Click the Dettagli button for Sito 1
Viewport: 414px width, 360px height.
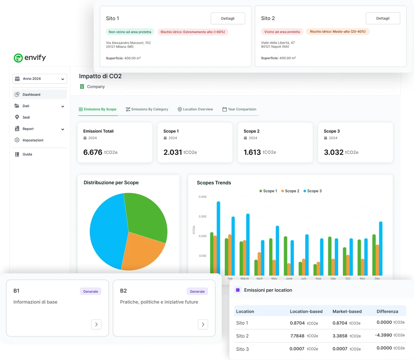click(228, 18)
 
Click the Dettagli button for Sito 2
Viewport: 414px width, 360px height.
click(383, 18)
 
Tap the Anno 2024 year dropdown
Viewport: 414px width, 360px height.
click(39, 79)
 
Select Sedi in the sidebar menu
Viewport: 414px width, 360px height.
click(26, 117)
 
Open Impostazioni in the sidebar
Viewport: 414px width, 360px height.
click(32, 140)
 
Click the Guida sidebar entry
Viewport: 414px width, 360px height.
click(27, 154)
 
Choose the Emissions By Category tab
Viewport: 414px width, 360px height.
click(147, 109)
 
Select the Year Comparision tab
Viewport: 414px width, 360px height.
click(239, 109)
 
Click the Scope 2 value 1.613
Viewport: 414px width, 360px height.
click(252, 152)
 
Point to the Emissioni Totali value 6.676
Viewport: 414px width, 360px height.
click(93, 152)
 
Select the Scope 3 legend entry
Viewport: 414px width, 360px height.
click(312, 191)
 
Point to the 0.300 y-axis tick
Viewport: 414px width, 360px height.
click(202, 216)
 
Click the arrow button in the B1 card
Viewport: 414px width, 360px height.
click(96, 324)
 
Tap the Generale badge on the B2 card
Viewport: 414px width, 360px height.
click(197, 291)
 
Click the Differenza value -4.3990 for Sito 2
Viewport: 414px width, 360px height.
click(383, 335)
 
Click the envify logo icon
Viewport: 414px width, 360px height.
click(18, 58)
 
